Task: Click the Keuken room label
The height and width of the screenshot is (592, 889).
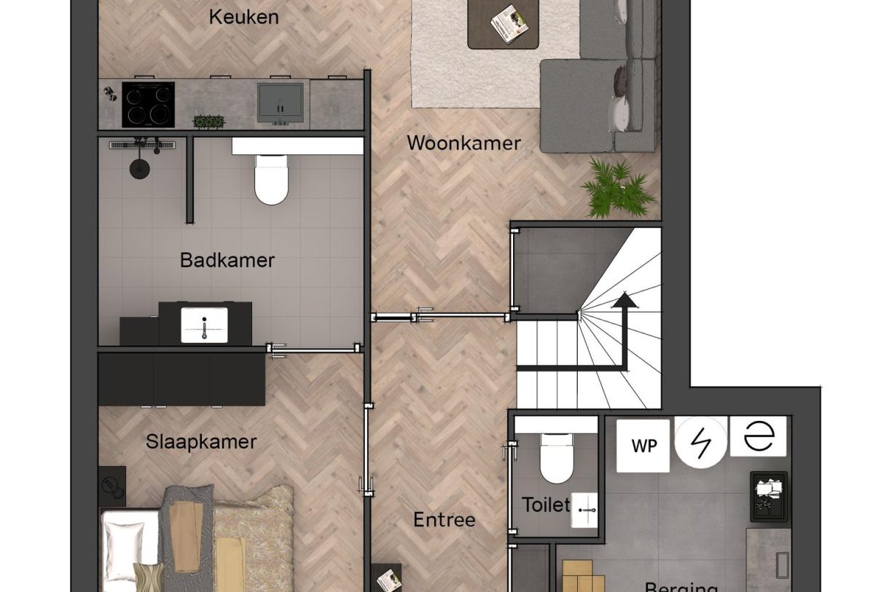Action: [243, 17]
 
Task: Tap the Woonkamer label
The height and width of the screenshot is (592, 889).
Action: [463, 143]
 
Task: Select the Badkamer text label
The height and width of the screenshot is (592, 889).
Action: [227, 260]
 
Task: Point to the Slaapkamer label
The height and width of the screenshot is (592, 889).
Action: [201, 441]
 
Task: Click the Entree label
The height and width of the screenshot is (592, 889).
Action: [444, 520]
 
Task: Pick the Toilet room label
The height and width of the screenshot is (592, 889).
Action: [545, 504]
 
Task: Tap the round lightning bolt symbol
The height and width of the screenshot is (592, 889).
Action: [700, 441]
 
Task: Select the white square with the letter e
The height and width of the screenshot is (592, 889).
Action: [759, 436]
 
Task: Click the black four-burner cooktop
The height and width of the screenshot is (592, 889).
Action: [148, 104]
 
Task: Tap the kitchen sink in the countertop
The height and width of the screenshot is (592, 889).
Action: [280, 103]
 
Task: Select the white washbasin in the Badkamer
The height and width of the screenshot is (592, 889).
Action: [205, 324]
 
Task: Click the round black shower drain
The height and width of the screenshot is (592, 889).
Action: [138, 169]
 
